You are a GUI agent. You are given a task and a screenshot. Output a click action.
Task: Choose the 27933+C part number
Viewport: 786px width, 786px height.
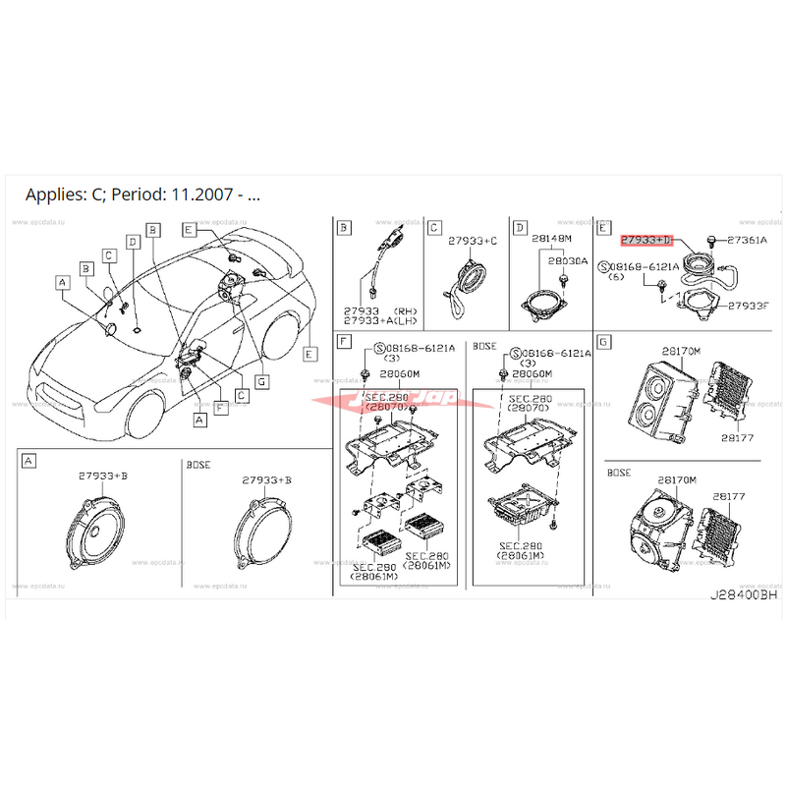point(473,240)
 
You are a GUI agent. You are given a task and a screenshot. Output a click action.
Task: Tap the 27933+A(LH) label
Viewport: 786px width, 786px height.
point(379,320)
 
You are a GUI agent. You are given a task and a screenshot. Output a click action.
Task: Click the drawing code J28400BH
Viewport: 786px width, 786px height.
point(744,595)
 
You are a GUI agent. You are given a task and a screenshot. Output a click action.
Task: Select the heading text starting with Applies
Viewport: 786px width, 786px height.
point(143,194)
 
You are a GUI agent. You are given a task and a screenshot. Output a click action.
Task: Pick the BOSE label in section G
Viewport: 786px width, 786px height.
point(619,473)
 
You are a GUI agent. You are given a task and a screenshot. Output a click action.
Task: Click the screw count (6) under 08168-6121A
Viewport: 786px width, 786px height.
point(617,278)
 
